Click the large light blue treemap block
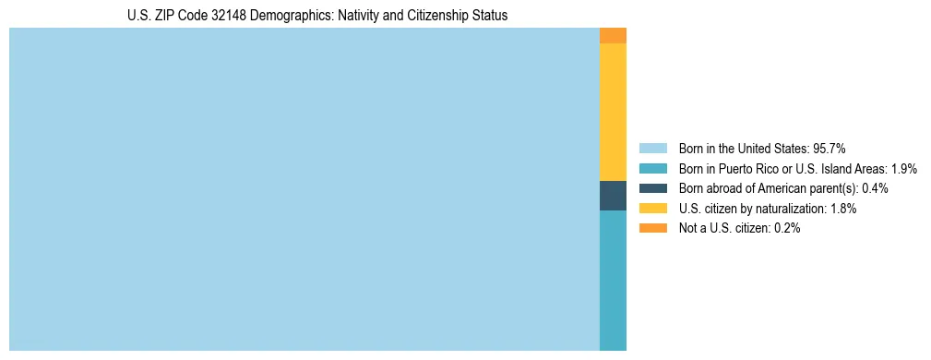(304, 189)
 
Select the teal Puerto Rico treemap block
(613, 281)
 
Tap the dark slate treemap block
(613, 196)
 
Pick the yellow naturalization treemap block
(613, 112)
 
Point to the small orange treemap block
(613, 35)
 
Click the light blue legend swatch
(652, 149)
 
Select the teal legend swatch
(652, 169)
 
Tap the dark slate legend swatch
(652, 188)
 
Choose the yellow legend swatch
(652, 209)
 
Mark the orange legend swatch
(652, 229)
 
